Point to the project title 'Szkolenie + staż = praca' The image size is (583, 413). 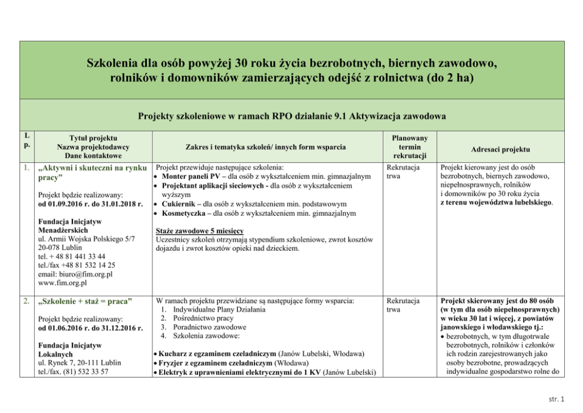tap(85, 302)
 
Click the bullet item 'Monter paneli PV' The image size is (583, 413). tap(188, 176)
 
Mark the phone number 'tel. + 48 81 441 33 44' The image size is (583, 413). tap(71, 257)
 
